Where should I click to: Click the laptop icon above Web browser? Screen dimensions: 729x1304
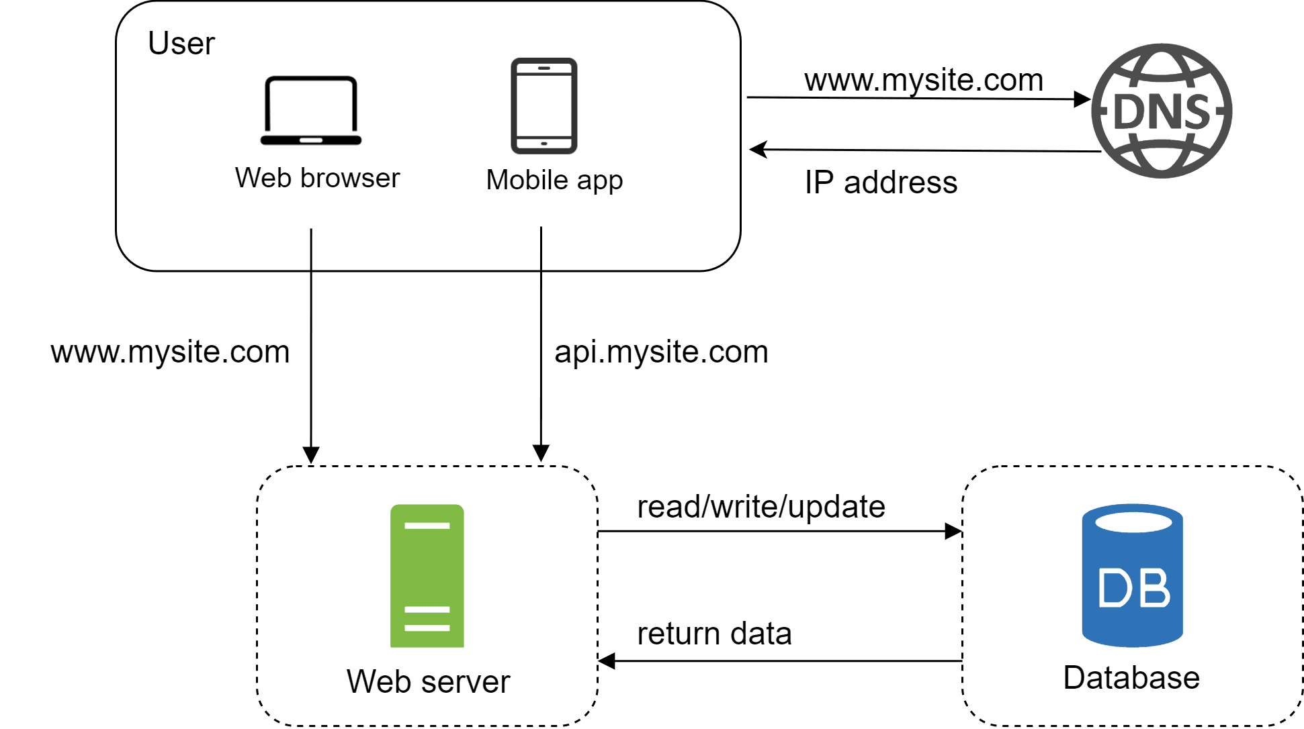point(311,111)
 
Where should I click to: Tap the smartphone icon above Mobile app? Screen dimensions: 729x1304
point(544,105)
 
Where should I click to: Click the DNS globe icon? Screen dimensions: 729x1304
point(1162,111)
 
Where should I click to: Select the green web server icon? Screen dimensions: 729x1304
point(427,575)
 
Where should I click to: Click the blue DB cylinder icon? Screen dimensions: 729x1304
point(1133,575)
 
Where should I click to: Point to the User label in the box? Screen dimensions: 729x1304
point(181,44)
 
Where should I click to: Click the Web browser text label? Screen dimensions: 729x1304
point(317,179)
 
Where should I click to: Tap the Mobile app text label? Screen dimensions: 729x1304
point(554,180)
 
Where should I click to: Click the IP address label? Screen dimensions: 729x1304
point(881,183)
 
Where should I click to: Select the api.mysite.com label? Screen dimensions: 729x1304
point(661,352)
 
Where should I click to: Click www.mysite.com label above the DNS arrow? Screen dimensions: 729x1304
point(924,80)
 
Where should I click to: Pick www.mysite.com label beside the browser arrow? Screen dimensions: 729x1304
point(170,352)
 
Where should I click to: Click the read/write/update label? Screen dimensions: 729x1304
point(760,507)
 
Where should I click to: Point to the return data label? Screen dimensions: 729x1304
point(714,634)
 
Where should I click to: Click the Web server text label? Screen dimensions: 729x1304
point(428,681)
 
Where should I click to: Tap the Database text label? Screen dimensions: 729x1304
point(1131,677)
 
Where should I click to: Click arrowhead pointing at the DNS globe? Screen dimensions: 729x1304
point(1082,99)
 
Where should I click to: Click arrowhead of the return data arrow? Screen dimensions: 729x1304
point(607,661)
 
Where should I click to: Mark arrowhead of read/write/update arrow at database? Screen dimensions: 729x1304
point(953,531)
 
